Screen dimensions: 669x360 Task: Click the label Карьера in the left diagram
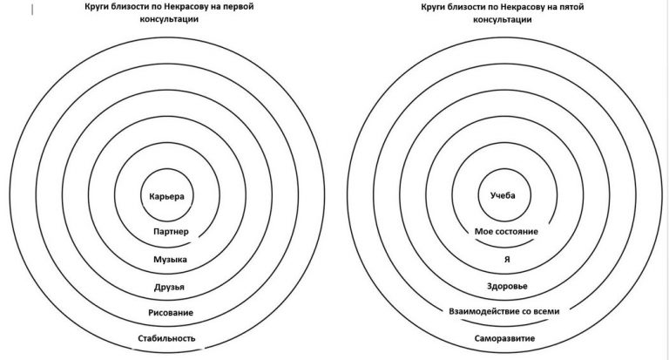tap(167, 196)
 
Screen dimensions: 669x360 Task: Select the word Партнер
tap(171, 232)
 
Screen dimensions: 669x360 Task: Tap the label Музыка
tap(170, 259)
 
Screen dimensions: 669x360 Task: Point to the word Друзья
tap(169, 287)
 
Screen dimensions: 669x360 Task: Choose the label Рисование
tap(171, 313)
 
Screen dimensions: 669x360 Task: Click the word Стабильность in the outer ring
tap(166, 338)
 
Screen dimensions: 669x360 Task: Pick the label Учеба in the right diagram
tap(503, 195)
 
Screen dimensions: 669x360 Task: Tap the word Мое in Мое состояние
tap(483, 232)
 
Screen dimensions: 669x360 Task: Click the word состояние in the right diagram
tap(517, 232)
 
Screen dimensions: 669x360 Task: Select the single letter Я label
tap(507, 259)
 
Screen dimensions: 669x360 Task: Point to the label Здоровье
tap(507, 286)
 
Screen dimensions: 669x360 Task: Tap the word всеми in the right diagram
tap(546, 311)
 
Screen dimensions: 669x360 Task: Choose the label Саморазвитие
tap(504, 338)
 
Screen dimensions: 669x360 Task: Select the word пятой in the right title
tap(570, 7)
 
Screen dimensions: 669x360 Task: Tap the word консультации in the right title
tap(503, 20)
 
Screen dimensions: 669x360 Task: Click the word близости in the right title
tap(467, 7)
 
